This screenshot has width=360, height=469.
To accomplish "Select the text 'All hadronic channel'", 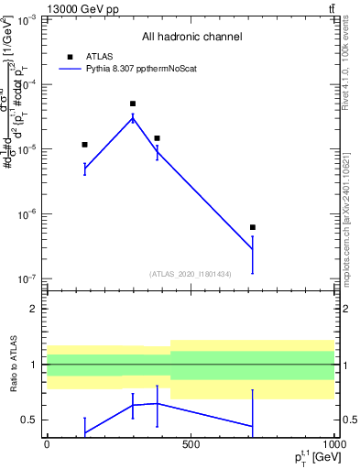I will pyautogui.click(x=191, y=38).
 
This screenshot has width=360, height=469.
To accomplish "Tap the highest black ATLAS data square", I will pyautogui.click(x=133, y=104).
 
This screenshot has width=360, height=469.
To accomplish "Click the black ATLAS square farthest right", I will pyautogui.click(x=253, y=227).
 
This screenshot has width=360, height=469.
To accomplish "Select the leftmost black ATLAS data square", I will pyautogui.click(x=84, y=145).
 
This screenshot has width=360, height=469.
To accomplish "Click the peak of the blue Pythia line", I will pyautogui.click(x=133, y=117).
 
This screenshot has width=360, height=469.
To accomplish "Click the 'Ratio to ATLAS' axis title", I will pyautogui.click(x=12, y=365).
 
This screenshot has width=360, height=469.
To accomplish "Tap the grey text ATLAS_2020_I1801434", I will pyautogui.click(x=190, y=274).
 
